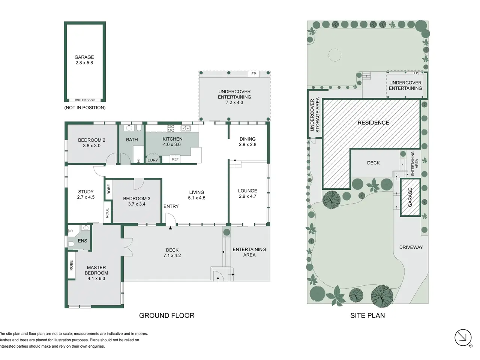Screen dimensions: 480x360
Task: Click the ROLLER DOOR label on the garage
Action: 85,100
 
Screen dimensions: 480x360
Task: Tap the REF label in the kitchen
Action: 175,159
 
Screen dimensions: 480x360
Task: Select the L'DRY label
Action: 153,160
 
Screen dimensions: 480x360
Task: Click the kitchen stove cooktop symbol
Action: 171,128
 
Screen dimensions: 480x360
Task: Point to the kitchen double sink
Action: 186,128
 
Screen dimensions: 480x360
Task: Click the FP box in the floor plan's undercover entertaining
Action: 253,74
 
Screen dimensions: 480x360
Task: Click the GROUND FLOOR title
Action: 166,315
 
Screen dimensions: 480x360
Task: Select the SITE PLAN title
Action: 367,315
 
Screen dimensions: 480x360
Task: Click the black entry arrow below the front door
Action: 170,228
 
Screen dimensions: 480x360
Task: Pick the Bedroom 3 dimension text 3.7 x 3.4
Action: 136,204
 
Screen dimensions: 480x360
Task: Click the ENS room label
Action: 82,241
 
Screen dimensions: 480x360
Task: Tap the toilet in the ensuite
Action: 70,244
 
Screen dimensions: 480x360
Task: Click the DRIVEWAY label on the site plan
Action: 411,247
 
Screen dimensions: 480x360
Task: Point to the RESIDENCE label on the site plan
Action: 373,123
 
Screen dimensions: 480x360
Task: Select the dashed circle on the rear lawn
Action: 334,55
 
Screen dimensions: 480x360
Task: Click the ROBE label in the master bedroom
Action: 71,265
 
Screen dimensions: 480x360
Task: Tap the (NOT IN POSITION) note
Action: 85,108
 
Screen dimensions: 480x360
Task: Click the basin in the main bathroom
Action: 129,127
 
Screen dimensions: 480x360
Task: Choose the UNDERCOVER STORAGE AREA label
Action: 315,115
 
